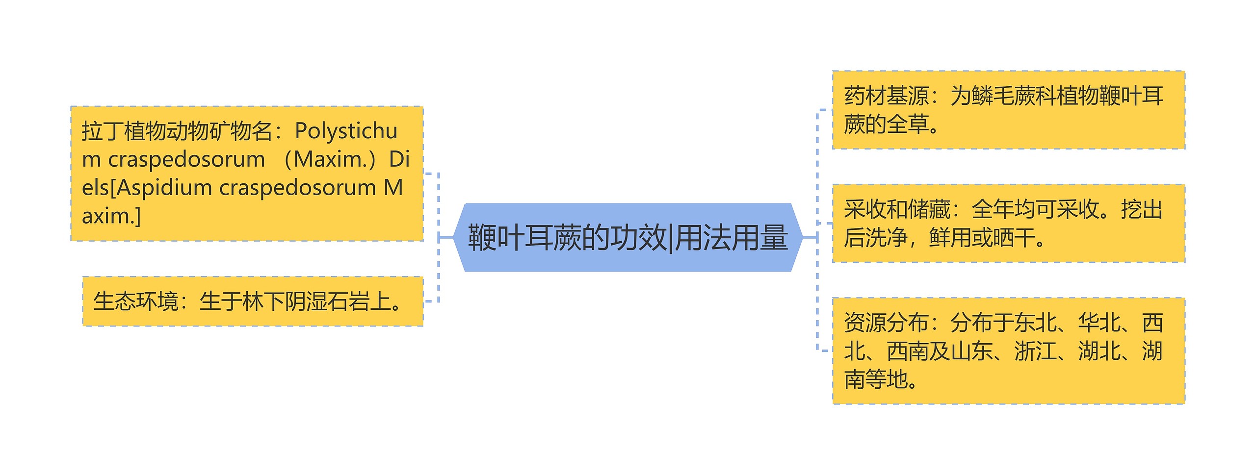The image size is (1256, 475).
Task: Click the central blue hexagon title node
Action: point(628,237)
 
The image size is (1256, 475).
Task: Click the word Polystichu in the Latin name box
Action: point(346,131)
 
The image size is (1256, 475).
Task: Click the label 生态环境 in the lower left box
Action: point(136,301)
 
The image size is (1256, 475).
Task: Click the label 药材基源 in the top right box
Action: point(886,96)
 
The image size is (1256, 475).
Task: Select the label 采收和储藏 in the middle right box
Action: point(897,210)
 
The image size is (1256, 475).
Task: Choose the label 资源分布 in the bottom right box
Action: point(886,323)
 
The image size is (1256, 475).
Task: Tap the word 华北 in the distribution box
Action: point(1099,323)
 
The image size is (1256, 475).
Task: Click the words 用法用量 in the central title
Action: point(732,237)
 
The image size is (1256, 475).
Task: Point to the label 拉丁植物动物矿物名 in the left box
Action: point(177,131)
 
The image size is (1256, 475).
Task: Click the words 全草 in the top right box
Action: point(907,125)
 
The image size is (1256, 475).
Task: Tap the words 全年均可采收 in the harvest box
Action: point(1035,210)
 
